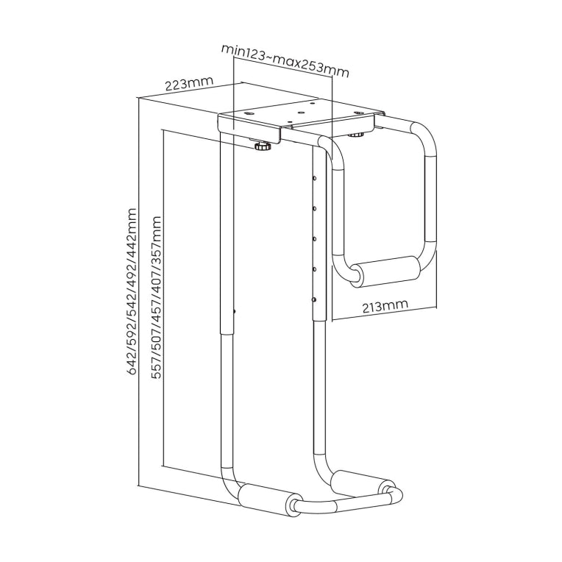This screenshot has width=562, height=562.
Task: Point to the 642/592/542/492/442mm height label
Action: pos(132,291)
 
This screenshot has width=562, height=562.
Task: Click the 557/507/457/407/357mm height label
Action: pos(156,297)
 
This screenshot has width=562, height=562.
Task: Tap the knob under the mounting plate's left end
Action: pos(262,147)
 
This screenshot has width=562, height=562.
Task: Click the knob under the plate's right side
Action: pos(358,134)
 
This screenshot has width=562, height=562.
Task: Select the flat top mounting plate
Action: pos(302,119)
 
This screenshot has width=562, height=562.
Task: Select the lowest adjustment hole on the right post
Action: pos(314,299)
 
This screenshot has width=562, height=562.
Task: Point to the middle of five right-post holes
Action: pos(314,239)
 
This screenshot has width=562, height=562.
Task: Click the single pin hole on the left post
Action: pos(235,312)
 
